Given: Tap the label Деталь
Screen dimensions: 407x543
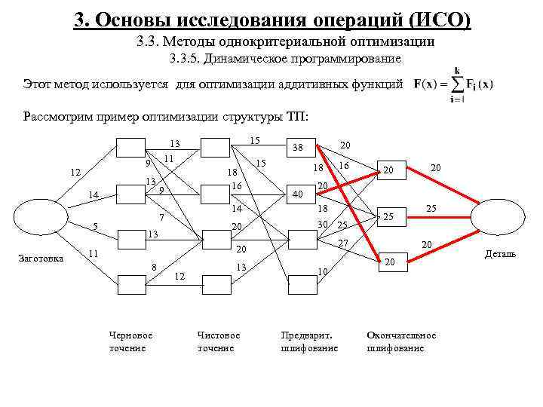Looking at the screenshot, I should click(500, 254).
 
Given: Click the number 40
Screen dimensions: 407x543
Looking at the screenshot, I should click(298, 194).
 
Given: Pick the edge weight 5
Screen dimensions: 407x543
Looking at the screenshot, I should click(95, 226).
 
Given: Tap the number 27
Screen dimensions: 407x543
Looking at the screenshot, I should click(343, 243).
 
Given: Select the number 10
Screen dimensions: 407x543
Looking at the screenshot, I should click(322, 271).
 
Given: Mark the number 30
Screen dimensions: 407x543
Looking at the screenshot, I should click(324, 225).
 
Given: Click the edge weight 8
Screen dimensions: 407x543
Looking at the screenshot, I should click(154, 266).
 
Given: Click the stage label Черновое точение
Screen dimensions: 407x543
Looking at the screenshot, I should click(130, 341).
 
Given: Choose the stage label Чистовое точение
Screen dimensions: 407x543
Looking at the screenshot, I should click(219, 341).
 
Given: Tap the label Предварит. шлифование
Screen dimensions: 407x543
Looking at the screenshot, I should click(309, 341).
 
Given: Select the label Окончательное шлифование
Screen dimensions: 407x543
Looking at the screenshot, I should click(401, 341).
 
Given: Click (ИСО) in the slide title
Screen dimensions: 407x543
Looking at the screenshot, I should click(438, 19).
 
